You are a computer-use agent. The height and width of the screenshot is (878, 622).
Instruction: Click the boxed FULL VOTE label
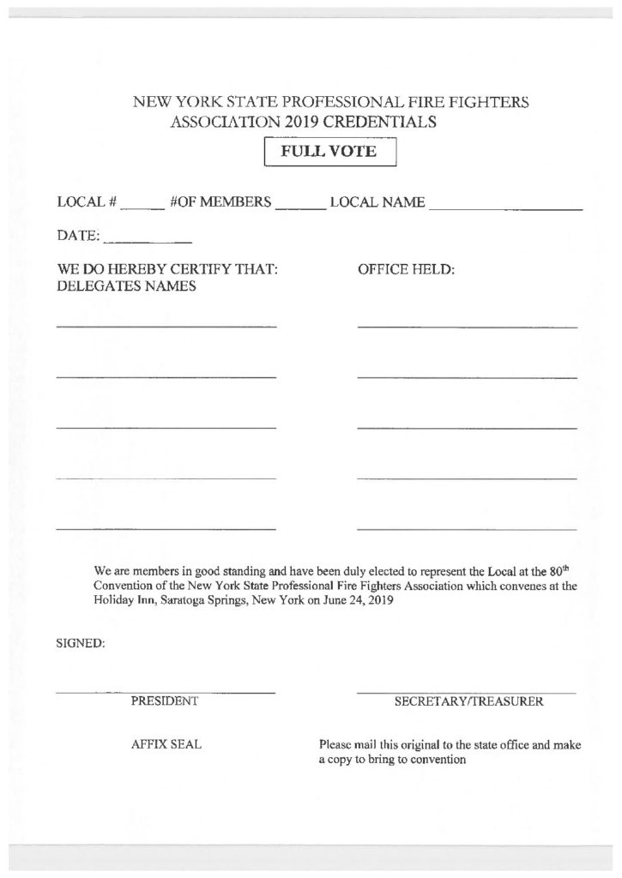click(329, 153)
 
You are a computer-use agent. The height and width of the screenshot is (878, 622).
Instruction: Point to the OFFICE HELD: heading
click(405, 269)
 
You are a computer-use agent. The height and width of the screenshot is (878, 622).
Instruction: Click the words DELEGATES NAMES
click(126, 286)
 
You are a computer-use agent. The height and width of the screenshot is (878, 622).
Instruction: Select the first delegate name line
click(166, 327)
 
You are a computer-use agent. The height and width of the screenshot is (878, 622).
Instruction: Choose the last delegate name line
click(166, 529)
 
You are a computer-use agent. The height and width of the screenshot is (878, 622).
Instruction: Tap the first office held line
click(467, 327)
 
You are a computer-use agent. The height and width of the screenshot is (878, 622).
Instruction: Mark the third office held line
click(467, 427)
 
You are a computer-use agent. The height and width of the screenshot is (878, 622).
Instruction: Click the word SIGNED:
click(81, 645)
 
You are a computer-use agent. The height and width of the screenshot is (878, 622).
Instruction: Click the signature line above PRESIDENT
click(166, 691)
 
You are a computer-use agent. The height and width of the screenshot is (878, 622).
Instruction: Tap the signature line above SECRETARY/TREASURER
click(467, 691)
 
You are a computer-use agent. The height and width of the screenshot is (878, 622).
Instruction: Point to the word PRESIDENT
click(165, 701)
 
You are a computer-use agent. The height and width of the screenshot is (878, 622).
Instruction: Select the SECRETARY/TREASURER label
click(468, 701)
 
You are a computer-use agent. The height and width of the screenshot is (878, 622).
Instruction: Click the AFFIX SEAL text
click(166, 744)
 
